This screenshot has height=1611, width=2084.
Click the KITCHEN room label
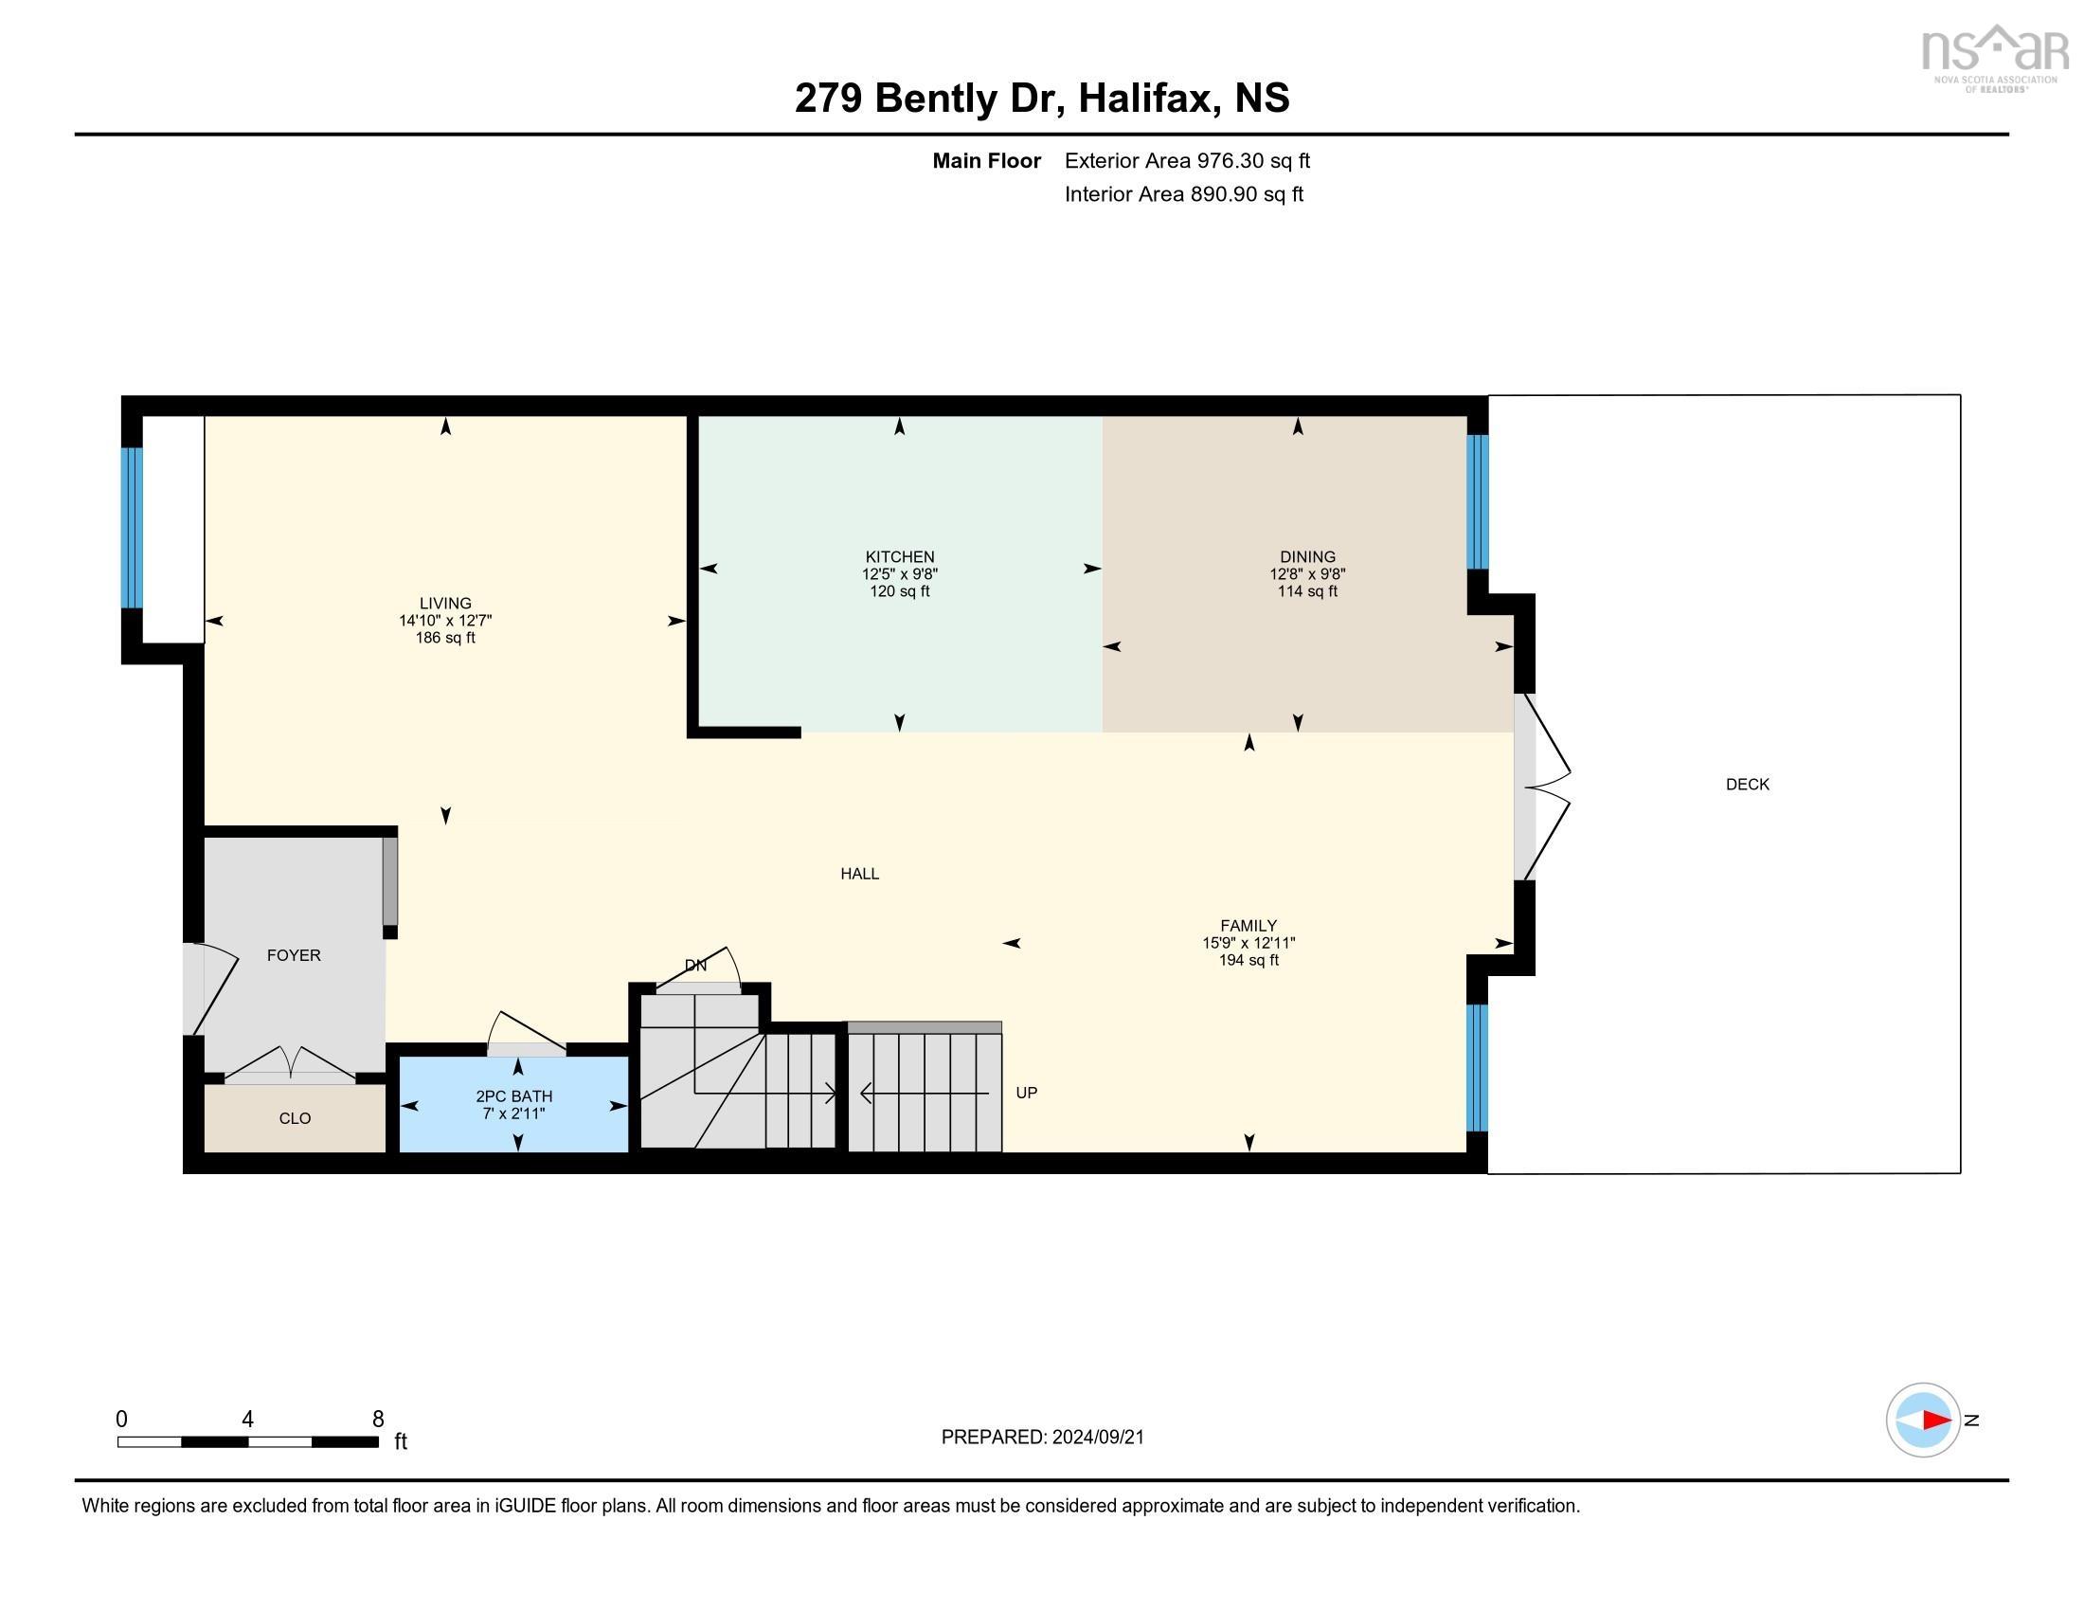point(899,556)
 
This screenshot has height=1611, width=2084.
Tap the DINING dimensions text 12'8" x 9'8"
point(1306,574)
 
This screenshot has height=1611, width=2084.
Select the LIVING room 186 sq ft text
point(444,638)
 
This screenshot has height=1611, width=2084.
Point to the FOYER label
point(293,955)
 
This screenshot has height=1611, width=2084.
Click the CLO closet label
point(295,1118)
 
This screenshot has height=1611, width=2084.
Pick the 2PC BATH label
point(513,1096)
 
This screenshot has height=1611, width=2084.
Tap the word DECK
point(1747,785)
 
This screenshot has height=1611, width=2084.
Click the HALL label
point(859,874)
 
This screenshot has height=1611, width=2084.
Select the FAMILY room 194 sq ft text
point(1249,960)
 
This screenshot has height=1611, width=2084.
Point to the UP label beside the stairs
point(1026,1093)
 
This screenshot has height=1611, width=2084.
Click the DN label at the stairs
point(695,966)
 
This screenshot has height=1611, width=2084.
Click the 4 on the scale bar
point(247,1420)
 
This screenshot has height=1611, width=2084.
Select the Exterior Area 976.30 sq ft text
point(1186,161)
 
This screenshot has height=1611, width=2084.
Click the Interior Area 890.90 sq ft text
point(1183,194)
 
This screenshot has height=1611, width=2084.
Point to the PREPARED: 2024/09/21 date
point(1042,1438)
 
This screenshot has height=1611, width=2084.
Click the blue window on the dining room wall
point(1476,502)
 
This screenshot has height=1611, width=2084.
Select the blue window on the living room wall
point(132,527)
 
